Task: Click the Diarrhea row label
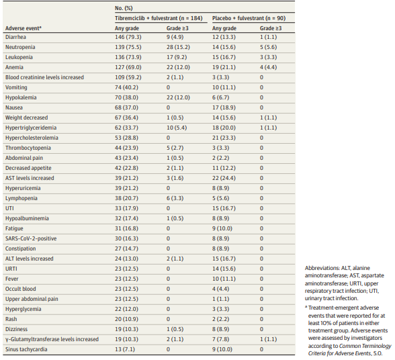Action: (x=15, y=37)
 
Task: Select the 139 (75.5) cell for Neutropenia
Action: (x=128, y=47)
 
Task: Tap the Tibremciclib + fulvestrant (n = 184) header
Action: (x=159, y=18)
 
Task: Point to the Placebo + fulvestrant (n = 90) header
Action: (x=249, y=18)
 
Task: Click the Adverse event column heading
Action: (x=23, y=28)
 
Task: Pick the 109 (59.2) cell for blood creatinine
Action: (x=128, y=77)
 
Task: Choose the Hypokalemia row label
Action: (x=21, y=97)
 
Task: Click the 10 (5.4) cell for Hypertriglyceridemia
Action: (x=177, y=128)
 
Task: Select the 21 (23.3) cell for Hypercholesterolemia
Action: (x=224, y=138)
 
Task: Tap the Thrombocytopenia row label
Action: (x=28, y=148)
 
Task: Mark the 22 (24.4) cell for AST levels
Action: (x=224, y=178)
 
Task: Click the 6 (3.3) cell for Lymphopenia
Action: (x=175, y=198)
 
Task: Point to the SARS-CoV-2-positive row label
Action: (x=31, y=238)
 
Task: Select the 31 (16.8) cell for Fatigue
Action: (x=126, y=228)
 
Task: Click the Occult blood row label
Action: (x=21, y=289)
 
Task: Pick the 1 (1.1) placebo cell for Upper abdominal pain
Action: (x=220, y=299)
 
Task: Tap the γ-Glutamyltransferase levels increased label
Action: (x=52, y=339)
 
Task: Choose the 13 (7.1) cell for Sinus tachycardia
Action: (x=125, y=349)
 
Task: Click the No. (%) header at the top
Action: (x=124, y=8)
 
